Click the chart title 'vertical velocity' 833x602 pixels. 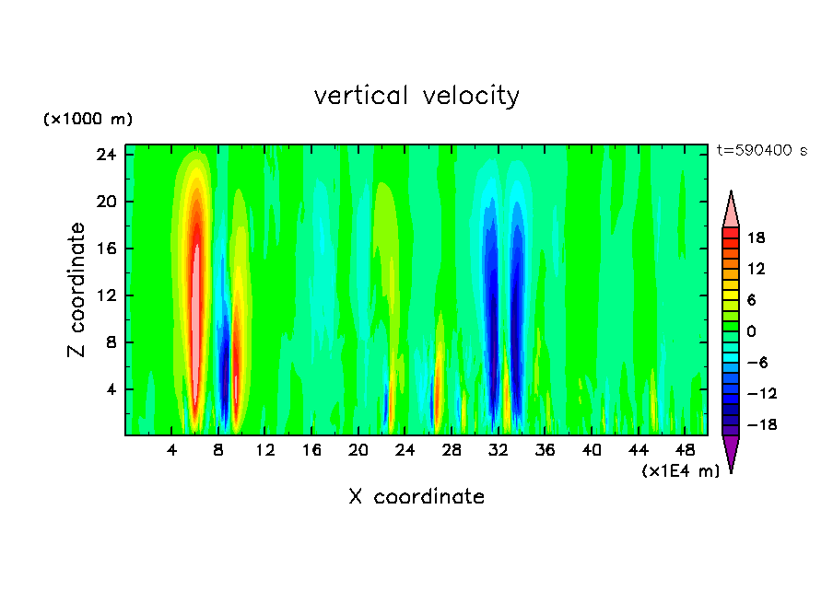416,96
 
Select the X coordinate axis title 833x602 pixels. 416,497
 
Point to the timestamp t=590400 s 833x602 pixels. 761,150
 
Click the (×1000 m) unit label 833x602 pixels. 88,119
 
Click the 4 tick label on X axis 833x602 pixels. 172,451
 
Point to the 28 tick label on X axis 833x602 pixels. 452,451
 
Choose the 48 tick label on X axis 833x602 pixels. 685,451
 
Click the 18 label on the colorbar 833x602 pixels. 756,237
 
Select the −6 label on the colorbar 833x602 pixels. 756,362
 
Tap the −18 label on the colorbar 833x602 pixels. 756,424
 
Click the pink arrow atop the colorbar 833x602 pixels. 731,210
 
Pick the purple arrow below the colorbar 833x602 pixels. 731,453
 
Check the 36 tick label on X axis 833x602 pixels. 545,451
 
